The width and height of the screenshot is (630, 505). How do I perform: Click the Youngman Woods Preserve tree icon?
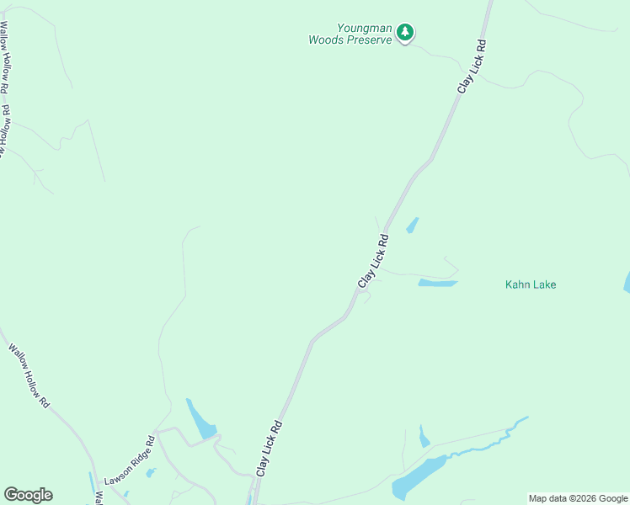(x=406, y=33)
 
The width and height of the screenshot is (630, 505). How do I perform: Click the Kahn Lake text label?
(x=531, y=284)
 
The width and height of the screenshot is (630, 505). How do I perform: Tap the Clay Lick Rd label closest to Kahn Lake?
(x=373, y=262)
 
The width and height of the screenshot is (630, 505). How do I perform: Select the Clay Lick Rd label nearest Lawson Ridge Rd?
(x=270, y=449)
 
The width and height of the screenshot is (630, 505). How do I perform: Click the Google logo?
(x=28, y=495)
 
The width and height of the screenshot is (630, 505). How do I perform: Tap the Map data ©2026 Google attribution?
(x=579, y=498)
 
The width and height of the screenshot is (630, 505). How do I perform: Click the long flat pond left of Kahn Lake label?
(x=437, y=283)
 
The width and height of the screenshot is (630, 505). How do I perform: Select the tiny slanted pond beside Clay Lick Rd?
(x=412, y=225)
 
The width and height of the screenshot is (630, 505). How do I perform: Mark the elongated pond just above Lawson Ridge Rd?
(x=200, y=419)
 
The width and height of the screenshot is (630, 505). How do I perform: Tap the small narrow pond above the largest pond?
(x=424, y=438)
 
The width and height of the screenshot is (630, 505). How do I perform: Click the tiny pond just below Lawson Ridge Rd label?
(x=150, y=473)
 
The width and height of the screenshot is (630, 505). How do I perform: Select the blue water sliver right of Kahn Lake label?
(x=627, y=283)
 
